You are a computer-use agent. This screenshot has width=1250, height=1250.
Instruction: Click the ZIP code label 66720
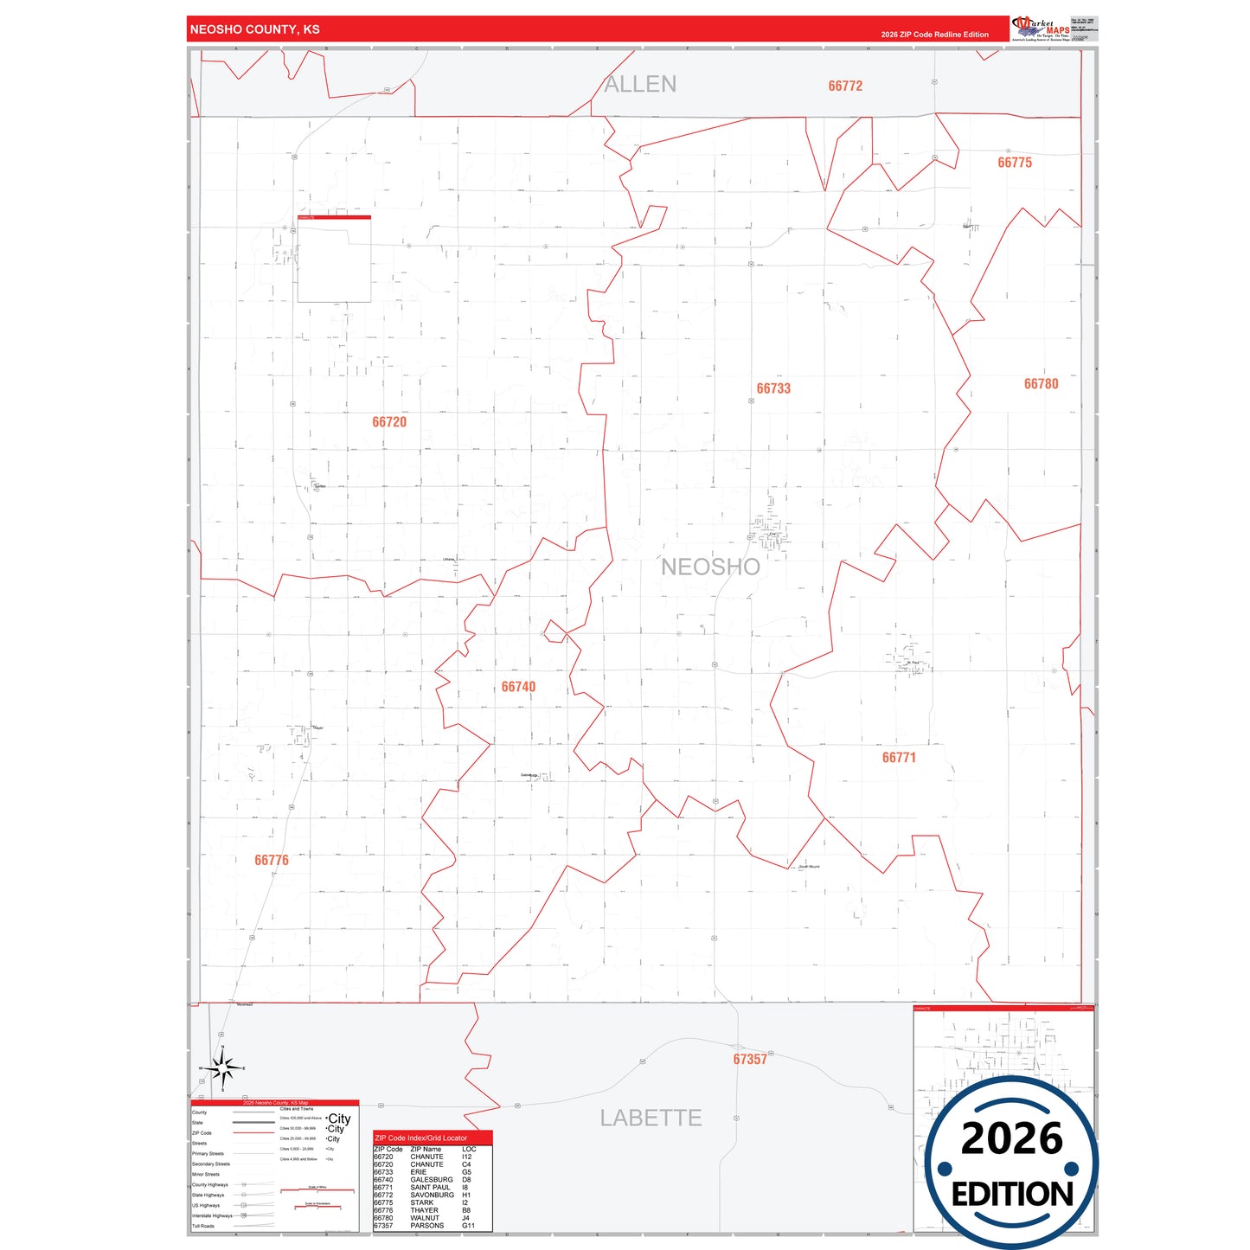389,422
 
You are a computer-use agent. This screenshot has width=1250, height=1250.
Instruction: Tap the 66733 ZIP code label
773,388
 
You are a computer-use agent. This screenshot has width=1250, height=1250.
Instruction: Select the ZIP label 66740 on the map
518,687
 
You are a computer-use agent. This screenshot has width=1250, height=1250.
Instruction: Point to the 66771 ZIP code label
899,758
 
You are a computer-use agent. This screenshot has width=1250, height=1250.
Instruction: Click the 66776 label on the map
272,860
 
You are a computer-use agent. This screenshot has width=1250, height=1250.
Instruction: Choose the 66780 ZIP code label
1041,384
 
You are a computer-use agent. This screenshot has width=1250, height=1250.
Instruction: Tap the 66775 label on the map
1015,163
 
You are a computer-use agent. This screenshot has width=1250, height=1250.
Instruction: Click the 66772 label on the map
845,86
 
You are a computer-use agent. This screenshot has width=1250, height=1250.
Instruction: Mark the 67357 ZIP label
750,1060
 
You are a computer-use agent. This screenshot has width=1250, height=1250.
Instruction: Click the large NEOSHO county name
710,567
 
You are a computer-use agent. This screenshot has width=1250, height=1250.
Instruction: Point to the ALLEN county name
640,84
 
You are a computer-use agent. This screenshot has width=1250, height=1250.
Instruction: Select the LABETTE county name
651,1118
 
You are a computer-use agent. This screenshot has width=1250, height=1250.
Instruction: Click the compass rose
223,1069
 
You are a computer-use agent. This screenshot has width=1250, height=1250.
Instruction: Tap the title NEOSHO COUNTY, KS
255,29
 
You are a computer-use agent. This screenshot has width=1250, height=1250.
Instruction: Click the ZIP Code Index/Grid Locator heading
421,1138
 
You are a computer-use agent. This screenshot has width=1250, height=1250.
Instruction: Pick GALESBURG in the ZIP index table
431,1180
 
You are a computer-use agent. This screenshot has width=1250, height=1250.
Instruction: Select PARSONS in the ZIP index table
426,1226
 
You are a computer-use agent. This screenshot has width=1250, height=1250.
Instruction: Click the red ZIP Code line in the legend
253,1133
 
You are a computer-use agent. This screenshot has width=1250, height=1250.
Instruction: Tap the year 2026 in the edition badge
1011,1138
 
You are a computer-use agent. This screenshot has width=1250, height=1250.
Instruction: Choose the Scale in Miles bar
317,1190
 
